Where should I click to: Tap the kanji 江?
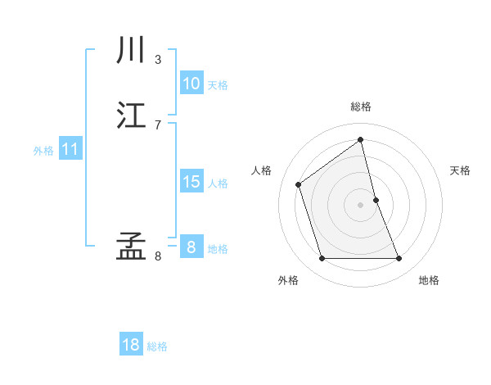131,115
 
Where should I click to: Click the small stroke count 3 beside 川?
158,60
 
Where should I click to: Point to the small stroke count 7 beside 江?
158,125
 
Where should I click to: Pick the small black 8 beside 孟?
158,256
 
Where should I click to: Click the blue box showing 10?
191,84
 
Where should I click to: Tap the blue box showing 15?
191,182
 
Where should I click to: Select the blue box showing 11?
70,150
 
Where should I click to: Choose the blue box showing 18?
131,345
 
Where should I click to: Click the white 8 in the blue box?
191,247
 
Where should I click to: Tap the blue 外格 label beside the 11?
43,151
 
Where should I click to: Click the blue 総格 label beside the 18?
157,346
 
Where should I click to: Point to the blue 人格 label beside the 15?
218,183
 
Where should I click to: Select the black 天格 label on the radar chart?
461,170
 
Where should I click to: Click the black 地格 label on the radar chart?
429,280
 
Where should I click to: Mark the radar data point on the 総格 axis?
361,140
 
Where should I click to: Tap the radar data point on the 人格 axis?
299,184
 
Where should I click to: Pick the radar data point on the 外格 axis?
322,259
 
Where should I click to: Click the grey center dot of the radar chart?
361,205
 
